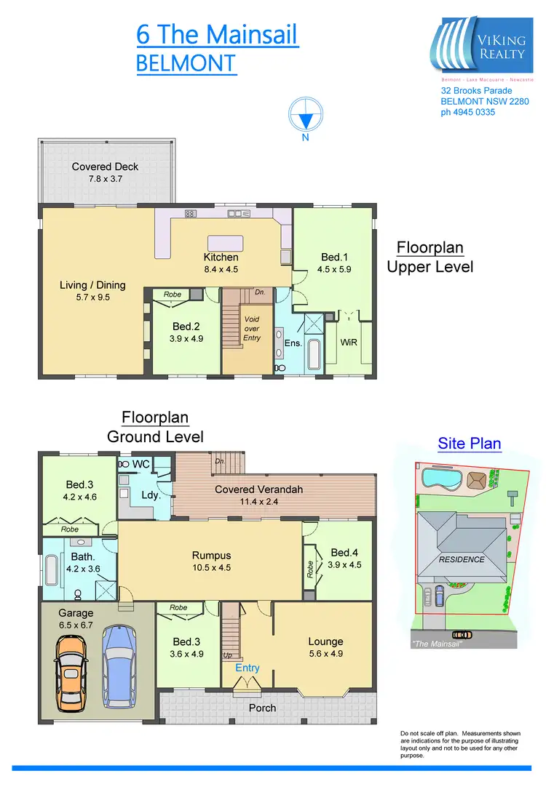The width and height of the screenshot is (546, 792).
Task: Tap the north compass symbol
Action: pos(306,118)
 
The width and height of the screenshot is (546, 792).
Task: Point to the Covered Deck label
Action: pos(105,167)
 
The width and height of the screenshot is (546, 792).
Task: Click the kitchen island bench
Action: pos(227,242)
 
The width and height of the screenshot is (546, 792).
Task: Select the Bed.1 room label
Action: pos(336,257)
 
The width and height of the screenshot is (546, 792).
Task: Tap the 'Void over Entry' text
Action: pos(252,329)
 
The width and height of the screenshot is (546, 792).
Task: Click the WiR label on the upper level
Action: pos(349,342)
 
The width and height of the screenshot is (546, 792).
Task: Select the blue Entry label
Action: pos(247,668)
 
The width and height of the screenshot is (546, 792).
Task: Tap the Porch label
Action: pos(262,708)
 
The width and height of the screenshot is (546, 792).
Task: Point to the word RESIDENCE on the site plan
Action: pos(462,559)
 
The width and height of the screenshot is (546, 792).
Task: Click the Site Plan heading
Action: pos(469,444)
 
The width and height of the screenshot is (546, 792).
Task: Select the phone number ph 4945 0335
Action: pos(468,112)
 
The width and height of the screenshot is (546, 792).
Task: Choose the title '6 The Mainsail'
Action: pos(217,35)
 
